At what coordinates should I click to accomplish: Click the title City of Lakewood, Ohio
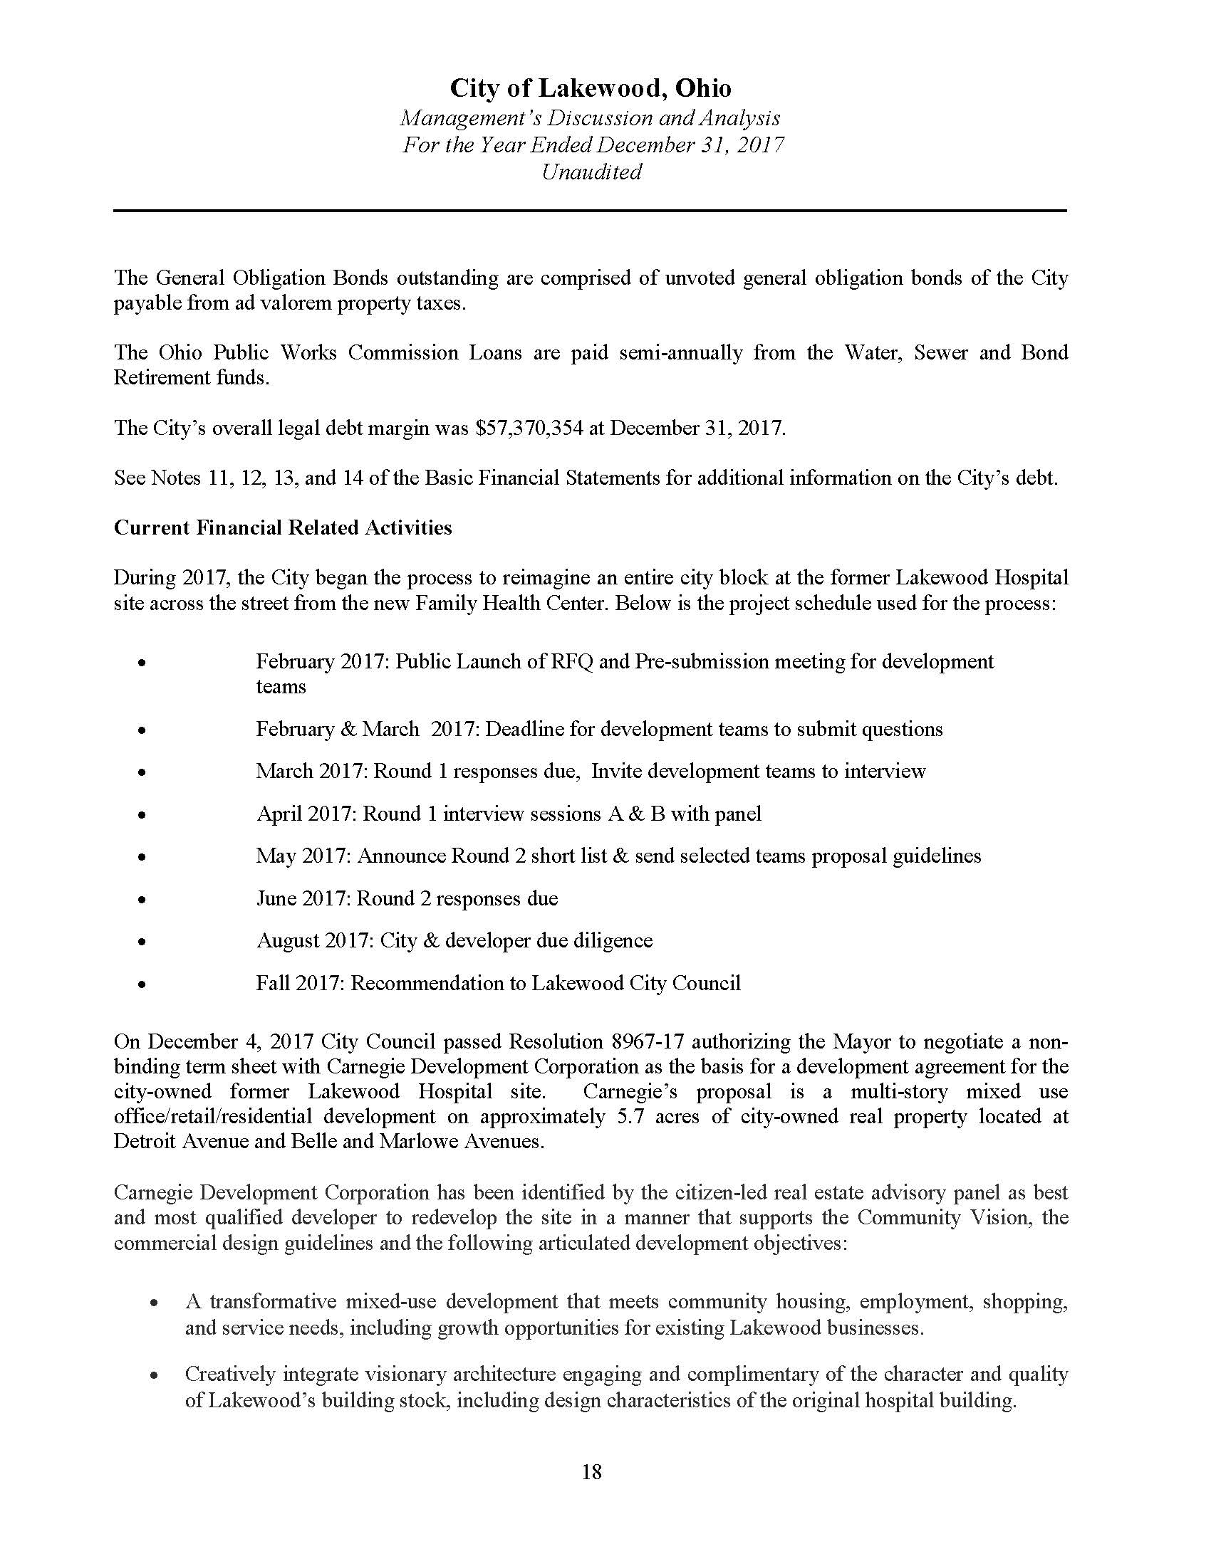point(591,88)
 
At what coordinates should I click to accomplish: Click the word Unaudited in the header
point(591,172)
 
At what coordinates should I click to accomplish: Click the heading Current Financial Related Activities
point(283,527)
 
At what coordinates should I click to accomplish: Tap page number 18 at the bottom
point(592,1472)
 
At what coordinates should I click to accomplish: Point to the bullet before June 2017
point(142,899)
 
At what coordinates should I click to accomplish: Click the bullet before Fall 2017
point(142,984)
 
